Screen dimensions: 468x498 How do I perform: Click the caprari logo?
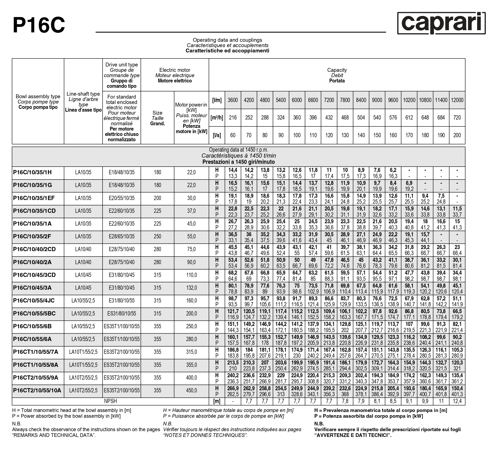pyautogui.click(x=441, y=23)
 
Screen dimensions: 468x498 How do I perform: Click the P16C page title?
pyautogui.click(x=39, y=25)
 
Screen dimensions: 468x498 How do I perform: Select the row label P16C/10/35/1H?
pyautogui.click(x=32, y=172)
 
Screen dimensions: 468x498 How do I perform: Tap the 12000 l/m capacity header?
pyautogui.click(x=457, y=100)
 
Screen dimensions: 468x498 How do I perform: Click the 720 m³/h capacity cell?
pyautogui.click(x=457, y=117)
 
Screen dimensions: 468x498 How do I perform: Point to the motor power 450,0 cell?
pyautogui.click(x=191, y=390)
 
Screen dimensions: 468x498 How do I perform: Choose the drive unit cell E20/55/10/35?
pyautogui.click(x=121, y=198)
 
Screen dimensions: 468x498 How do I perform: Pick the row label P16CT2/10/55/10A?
pyautogui.click(x=37, y=390)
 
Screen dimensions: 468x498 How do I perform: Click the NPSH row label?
pyautogui.click(x=110, y=401)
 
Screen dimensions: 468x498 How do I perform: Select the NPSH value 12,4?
pyautogui.click(x=457, y=401)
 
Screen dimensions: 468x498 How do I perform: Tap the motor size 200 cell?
pyautogui.click(x=157, y=198)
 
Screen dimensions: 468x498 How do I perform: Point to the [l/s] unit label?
pyautogui.click(x=217, y=135)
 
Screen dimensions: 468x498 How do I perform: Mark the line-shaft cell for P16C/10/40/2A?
pyautogui.click(x=83, y=262)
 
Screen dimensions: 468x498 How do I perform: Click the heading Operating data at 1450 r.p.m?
pyautogui.click(x=238, y=150)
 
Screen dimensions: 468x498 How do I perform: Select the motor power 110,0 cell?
pyautogui.click(x=191, y=275)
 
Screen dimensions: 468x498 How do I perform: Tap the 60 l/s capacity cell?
pyautogui.click(x=233, y=135)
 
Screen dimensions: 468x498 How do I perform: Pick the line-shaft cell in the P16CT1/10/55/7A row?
pyautogui.click(x=83, y=352)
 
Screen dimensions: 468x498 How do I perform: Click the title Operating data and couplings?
pyautogui.click(x=227, y=40)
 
